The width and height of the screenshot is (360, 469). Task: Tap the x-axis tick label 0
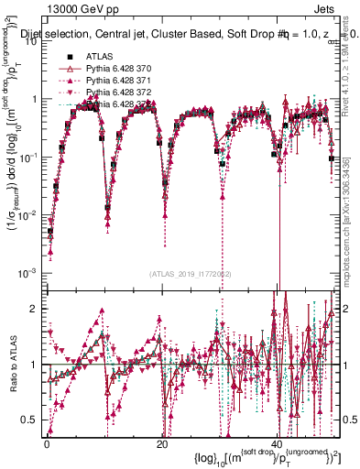[47, 443]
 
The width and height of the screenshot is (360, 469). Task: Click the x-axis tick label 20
[162, 443]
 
